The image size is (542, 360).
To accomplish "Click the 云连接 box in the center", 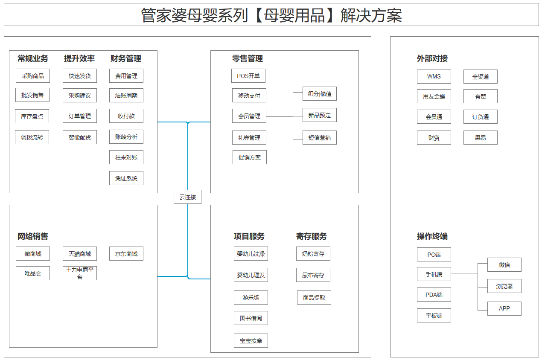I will pos(187,197).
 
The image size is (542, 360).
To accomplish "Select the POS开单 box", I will pos(248,76).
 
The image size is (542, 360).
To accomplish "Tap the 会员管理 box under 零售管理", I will pos(249,116).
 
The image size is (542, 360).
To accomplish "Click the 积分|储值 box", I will pos(320,94).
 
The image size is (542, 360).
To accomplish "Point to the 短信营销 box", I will pos(320,138).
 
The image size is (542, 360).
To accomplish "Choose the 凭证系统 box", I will pos(126,178).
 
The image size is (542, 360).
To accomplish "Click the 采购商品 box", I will pos(33,76).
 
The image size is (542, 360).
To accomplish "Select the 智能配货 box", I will pos(80,137).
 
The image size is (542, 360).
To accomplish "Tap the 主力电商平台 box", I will pos(80,273).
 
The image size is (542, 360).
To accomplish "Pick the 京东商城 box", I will pos(126,254).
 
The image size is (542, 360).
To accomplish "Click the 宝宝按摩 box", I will pos(251,341).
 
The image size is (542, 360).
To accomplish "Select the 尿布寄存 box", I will pos(313,275).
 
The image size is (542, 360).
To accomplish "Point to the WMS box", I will pos(434,77).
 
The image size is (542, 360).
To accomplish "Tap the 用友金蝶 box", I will pos(434,96).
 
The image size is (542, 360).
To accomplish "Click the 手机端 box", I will pos(434,274).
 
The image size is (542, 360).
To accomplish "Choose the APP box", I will pos(504,308).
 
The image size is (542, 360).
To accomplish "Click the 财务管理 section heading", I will pos(126,58).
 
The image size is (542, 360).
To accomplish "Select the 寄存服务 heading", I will pos(312,236).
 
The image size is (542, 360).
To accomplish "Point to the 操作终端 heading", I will pos(432,236).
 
